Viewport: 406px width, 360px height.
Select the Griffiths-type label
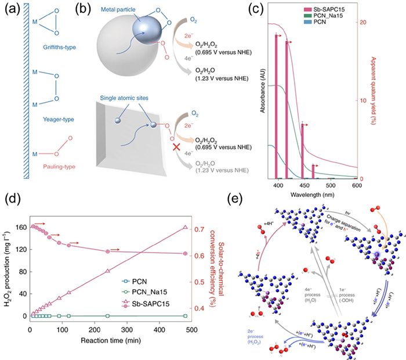[60, 49]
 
